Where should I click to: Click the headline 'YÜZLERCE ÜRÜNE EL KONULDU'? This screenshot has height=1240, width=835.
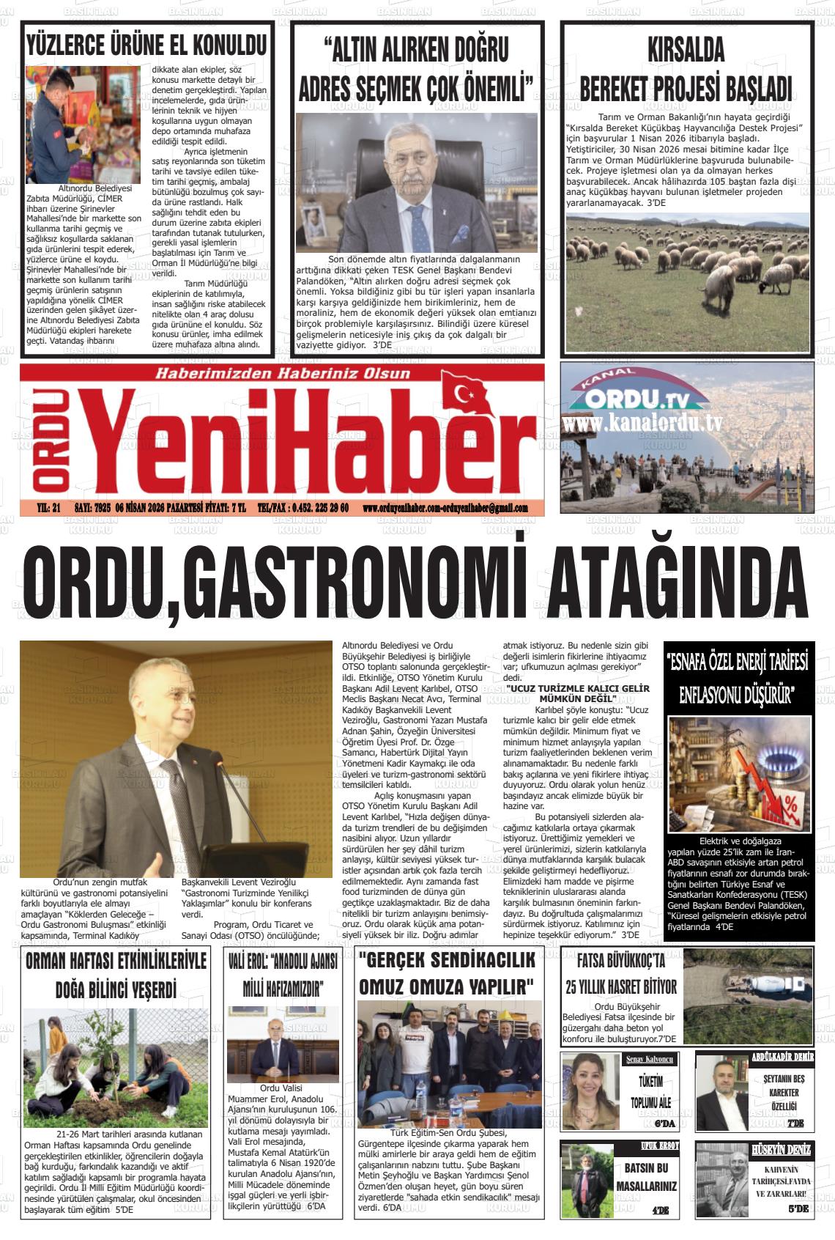tap(146, 45)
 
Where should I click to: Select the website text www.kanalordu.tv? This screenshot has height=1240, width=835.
tap(643, 424)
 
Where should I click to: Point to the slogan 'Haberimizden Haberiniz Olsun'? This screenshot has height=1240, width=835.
tap(282, 374)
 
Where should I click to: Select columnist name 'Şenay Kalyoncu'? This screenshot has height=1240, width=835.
tap(649, 1060)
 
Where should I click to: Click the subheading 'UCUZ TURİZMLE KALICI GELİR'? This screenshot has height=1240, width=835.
tap(578, 689)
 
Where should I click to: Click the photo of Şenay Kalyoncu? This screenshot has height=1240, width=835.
tap(590, 1092)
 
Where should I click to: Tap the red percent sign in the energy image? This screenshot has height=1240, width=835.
tap(790, 809)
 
